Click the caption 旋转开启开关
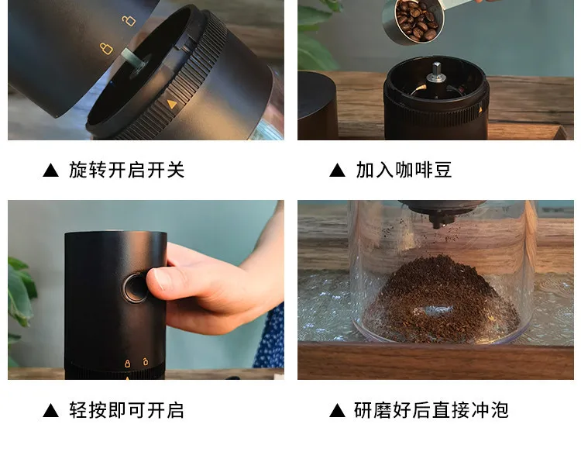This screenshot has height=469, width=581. [127, 171]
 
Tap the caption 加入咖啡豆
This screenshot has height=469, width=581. [404, 171]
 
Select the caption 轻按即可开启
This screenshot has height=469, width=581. [126, 410]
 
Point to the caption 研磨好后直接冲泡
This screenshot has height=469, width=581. [431, 410]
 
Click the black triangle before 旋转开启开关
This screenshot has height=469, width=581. [51, 171]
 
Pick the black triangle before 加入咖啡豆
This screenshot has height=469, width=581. [337, 171]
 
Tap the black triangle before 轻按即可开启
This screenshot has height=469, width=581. [51, 410]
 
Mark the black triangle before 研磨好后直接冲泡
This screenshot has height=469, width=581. [337, 410]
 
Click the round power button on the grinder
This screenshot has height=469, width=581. [135, 288]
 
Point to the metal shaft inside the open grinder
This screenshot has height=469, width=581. [436, 72]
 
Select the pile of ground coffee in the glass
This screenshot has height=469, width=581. [441, 299]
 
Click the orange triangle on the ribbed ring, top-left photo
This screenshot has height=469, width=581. [171, 104]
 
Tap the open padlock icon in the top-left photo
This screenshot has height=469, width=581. [129, 20]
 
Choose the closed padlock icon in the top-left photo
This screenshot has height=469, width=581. [106, 49]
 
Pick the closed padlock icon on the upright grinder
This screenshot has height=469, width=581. [128, 363]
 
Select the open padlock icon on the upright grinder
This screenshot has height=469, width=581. [146, 361]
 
